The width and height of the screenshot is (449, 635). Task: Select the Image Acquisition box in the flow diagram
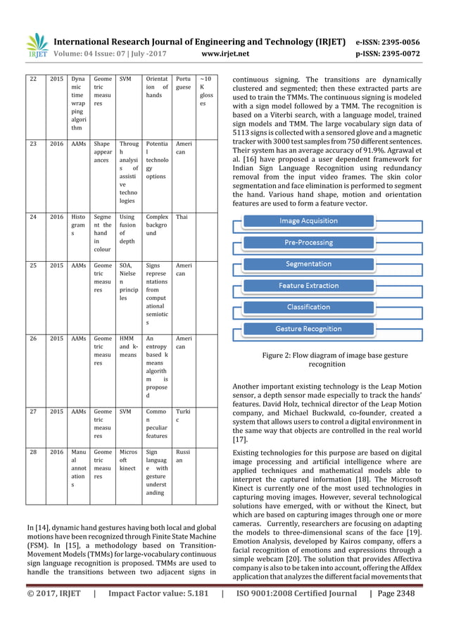point(308,221)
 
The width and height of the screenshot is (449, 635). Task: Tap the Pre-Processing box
point(308,243)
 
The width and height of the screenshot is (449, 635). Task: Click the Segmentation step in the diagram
point(308,264)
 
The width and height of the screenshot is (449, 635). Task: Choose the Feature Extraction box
point(308,286)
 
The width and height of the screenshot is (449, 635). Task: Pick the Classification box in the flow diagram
point(308,307)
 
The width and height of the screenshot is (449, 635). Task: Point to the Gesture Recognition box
point(308,329)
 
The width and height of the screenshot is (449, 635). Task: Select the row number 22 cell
point(32,80)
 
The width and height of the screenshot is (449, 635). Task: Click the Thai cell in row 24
point(182,218)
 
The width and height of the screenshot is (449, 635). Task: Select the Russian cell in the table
point(182,456)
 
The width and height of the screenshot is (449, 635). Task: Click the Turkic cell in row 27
point(182,416)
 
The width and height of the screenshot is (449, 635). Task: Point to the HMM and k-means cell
point(127,346)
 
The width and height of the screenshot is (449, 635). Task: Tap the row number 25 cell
point(32,266)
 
